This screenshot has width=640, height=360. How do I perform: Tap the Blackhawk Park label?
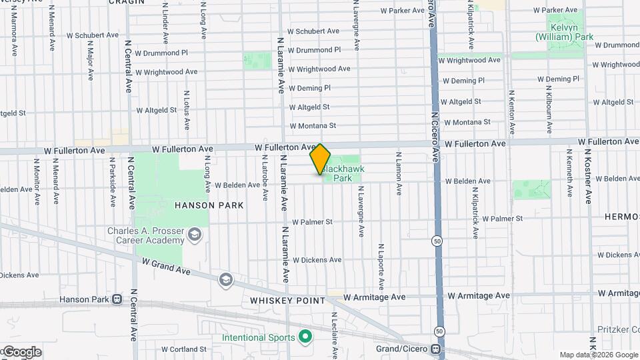point(342,174)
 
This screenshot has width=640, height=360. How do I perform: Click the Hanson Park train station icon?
point(117,299)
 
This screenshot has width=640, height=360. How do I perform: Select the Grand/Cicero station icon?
point(435,349)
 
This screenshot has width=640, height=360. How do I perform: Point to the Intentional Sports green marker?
point(306,337)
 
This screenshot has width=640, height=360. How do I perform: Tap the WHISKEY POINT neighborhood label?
point(287,301)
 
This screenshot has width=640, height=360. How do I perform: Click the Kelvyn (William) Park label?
point(564,33)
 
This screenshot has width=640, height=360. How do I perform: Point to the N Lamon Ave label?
point(398,176)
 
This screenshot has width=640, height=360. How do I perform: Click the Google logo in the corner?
point(21,352)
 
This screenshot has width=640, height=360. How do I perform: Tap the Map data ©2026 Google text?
point(598,355)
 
